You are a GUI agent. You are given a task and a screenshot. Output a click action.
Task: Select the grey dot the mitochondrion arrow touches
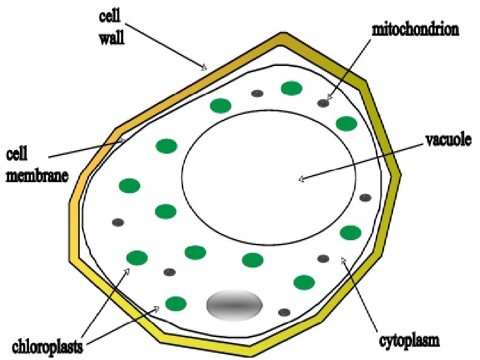pos(323,103)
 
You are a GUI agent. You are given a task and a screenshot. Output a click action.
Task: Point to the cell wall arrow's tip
pos(206,68)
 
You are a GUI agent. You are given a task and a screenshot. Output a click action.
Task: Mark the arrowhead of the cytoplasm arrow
pos(343,260)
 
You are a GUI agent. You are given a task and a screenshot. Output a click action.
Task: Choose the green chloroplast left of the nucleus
pos(175,303)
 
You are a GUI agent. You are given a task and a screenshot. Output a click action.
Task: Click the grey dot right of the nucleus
pos(284,312)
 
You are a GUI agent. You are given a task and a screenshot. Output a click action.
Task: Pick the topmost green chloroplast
pos(291,88)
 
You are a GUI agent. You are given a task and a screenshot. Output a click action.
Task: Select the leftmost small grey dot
pos(118,222)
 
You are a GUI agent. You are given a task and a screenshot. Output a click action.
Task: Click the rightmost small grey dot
pos(365,197)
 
